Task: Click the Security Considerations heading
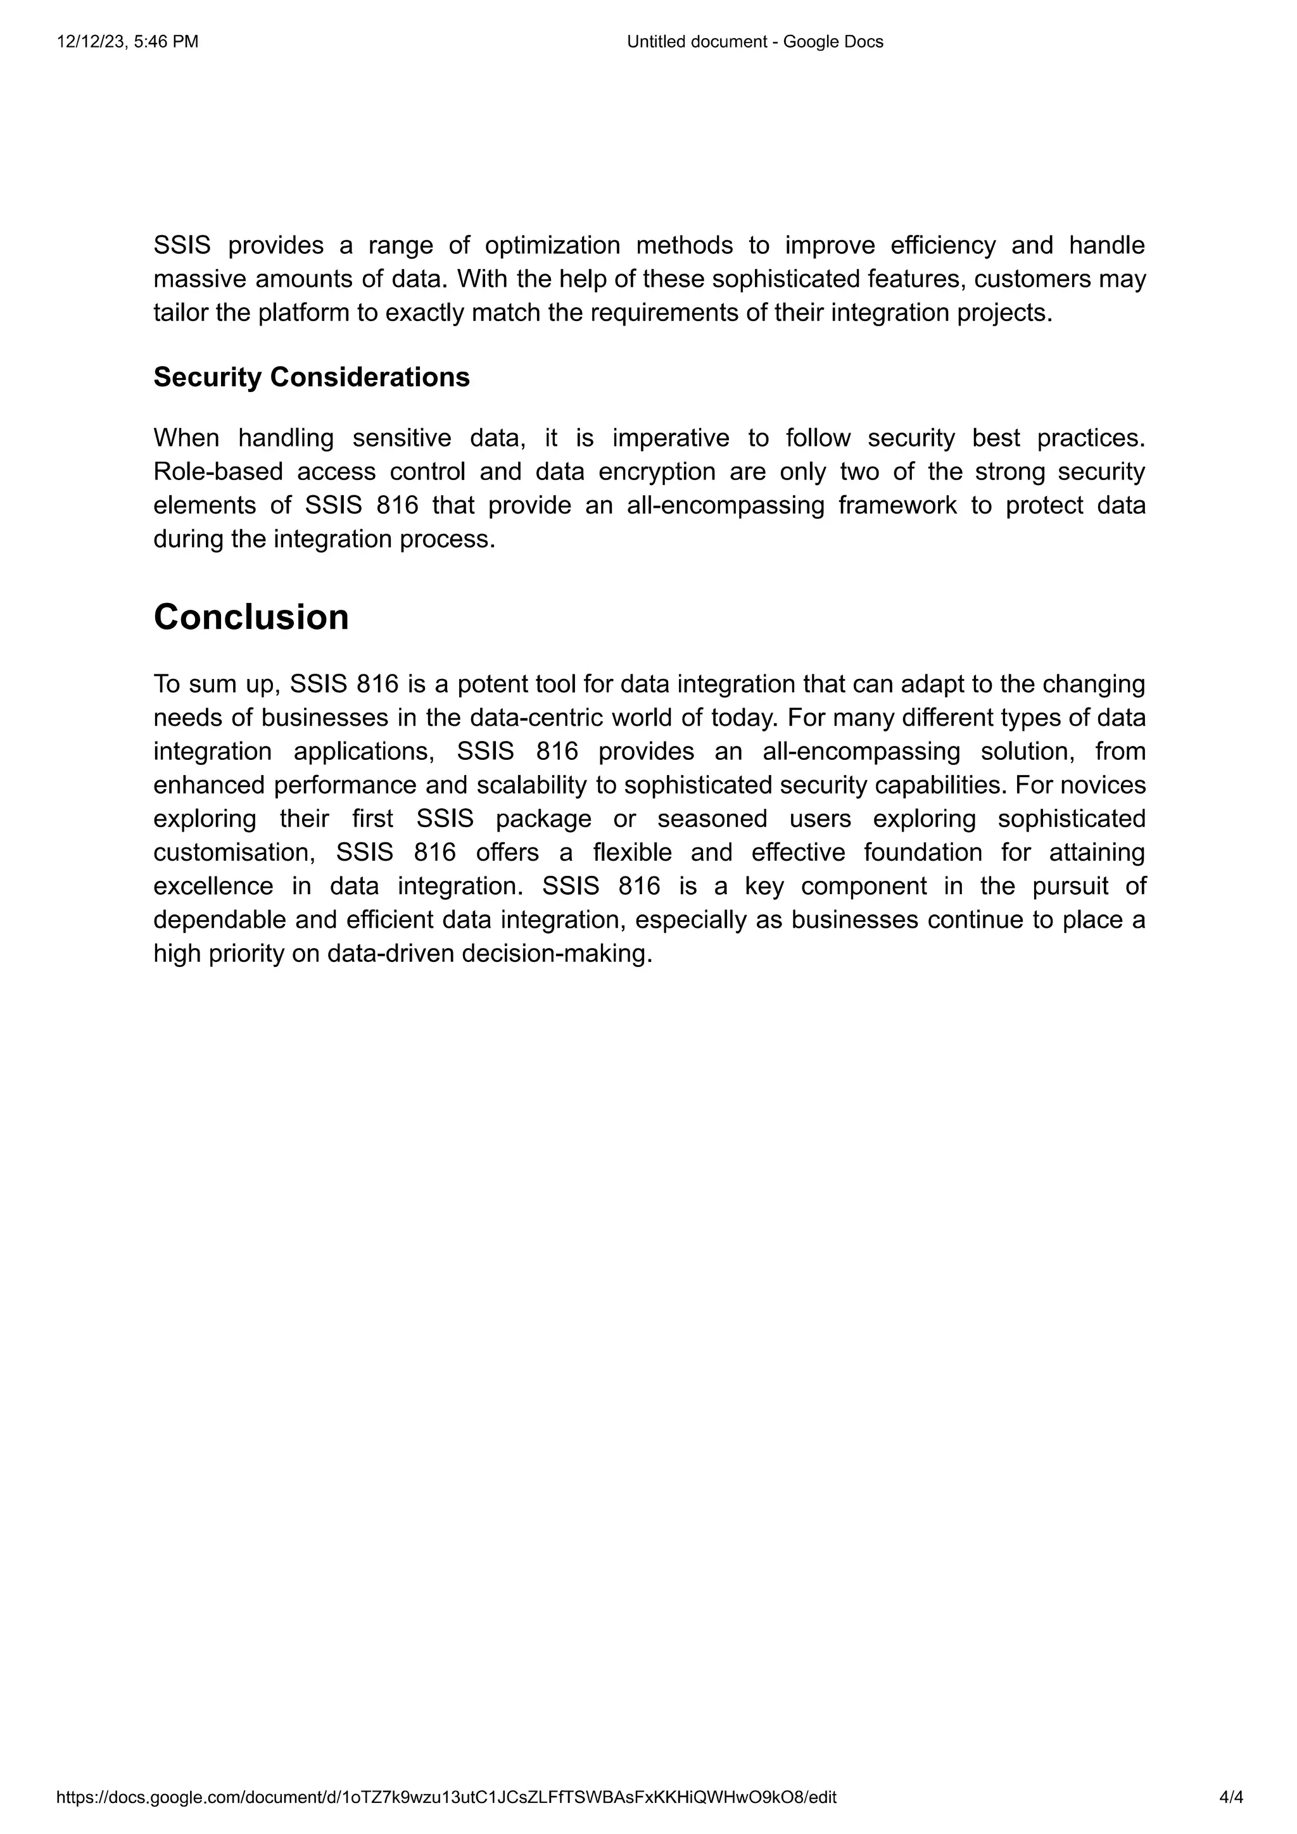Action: (x=312, y=377)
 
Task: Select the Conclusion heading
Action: (x=251, y=617)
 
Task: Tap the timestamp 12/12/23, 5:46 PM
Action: (x=128, y=42)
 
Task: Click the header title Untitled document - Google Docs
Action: (x=755, y=42)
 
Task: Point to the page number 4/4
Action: (x=1231, y=1797)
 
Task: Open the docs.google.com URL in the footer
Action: (x=446, y=1797)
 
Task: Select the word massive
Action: (x=199, y=279)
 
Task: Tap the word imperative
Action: (x=671, y=438)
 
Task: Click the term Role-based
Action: (x=218, y=471)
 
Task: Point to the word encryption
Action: (x=657, y=471)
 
